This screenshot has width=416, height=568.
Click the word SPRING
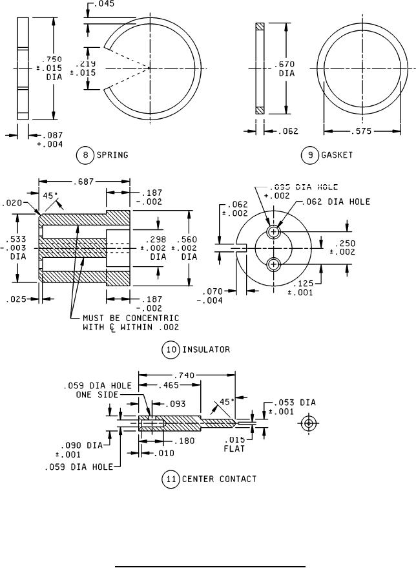tap(112, 155)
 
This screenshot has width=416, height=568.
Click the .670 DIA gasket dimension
tap(287, 68)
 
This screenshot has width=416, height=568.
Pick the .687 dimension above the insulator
tap(85, 183)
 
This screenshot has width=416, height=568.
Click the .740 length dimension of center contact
tap(187, 374)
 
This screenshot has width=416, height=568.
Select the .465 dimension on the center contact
tap(171, 385)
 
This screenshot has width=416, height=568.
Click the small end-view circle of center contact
tap(309, 423)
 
